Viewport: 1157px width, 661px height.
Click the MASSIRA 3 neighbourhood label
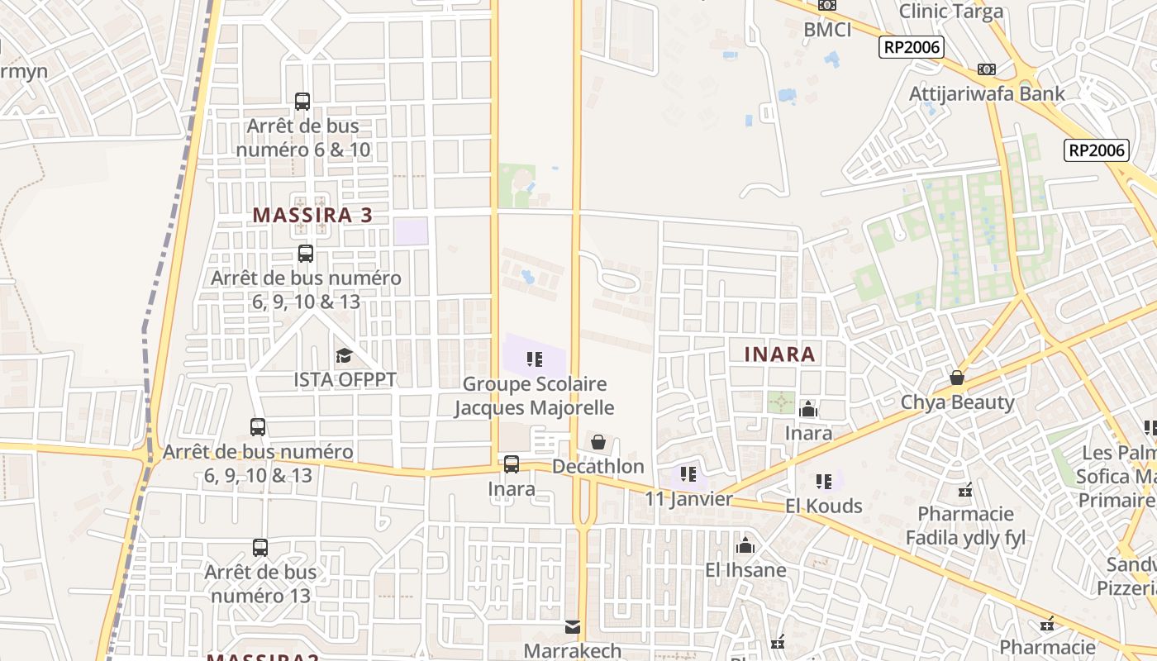tap(312, 216)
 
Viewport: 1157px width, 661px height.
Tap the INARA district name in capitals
tap(779, 354)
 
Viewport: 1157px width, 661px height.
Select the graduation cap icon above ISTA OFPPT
tap(344, 356)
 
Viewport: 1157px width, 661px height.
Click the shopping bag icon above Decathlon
tap(598, 443)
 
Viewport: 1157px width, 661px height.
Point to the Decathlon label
tap(598, 467)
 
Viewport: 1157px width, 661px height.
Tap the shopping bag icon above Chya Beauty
tap(957, 378)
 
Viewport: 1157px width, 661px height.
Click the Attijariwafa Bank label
tap(987, 93)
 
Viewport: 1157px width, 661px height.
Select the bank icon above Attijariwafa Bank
tap(986, 69)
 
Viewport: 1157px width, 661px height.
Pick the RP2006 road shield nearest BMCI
tap(912, 47)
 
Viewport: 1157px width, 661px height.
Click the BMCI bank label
tap(827, 30)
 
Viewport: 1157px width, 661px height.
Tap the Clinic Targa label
tap(950, 12)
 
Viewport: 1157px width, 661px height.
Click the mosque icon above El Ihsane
tap(745, 546)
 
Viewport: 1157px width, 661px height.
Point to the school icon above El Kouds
tap(823, 481)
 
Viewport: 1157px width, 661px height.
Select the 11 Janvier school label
tap(688, 499)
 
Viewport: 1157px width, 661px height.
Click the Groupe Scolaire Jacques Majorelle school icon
tap(535, 359)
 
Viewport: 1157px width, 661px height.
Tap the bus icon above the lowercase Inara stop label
tap(512, 464)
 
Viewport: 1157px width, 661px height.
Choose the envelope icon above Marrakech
tap(573, 628)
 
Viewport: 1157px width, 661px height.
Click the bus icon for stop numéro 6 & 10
tap(302, 102)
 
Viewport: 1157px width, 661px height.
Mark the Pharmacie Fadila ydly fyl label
tap(965, 526)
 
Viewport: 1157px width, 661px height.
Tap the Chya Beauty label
tap(957, 402)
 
